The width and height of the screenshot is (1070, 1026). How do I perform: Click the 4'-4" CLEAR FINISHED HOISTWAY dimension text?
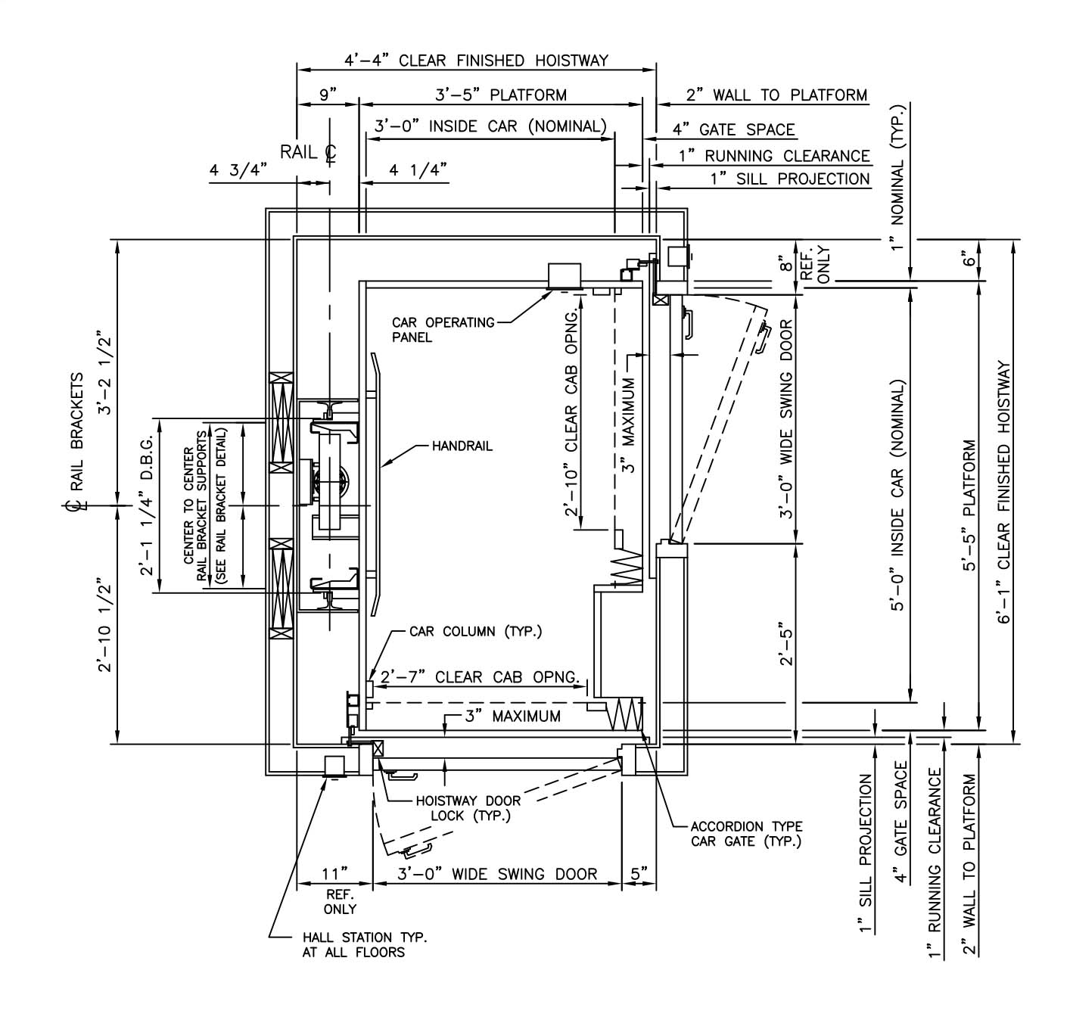pyautogui.click(x=476, y=61)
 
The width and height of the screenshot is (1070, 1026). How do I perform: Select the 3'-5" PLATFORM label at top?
pyautogui.click(x=501, y=95)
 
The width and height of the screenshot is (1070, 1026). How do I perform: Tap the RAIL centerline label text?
pyautogui.click(x=308, y=152)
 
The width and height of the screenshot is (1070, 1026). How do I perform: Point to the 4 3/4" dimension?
pyautogui.click(x=239, y=170)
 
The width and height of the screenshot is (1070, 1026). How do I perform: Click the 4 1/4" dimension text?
pyautogui.click(x=418, y=170)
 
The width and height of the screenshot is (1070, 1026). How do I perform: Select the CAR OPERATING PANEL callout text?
pyautogui.click(x=443, y=330)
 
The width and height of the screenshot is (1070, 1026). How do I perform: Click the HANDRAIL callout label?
pyautogui.click(x=462, y=446)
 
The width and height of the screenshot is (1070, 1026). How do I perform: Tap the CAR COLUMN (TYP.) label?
pyautogui.click(x=475, y=631)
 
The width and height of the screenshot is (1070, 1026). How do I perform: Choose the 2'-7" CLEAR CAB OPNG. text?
pyautogui.click(x=480, y=677)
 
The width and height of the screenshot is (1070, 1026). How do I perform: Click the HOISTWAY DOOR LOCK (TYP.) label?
pyautogui.click(x=469, y=808)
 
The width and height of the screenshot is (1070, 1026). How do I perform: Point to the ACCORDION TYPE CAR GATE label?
pyautogui.click(x=746, y=834)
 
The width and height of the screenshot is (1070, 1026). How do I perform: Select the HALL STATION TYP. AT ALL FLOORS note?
pyautogui.click(x=365, y=944)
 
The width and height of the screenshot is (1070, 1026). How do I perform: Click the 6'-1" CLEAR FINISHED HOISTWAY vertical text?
pyautogui.click(x=1004, y=492)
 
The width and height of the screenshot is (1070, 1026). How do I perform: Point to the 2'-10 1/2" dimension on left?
pyautogui.click(x=104, y=627)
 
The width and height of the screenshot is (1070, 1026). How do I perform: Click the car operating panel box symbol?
pyautogui.click(x=565, y=275)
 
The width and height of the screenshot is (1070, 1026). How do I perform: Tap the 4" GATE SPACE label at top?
pyautogui.click(x=733, y=130)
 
